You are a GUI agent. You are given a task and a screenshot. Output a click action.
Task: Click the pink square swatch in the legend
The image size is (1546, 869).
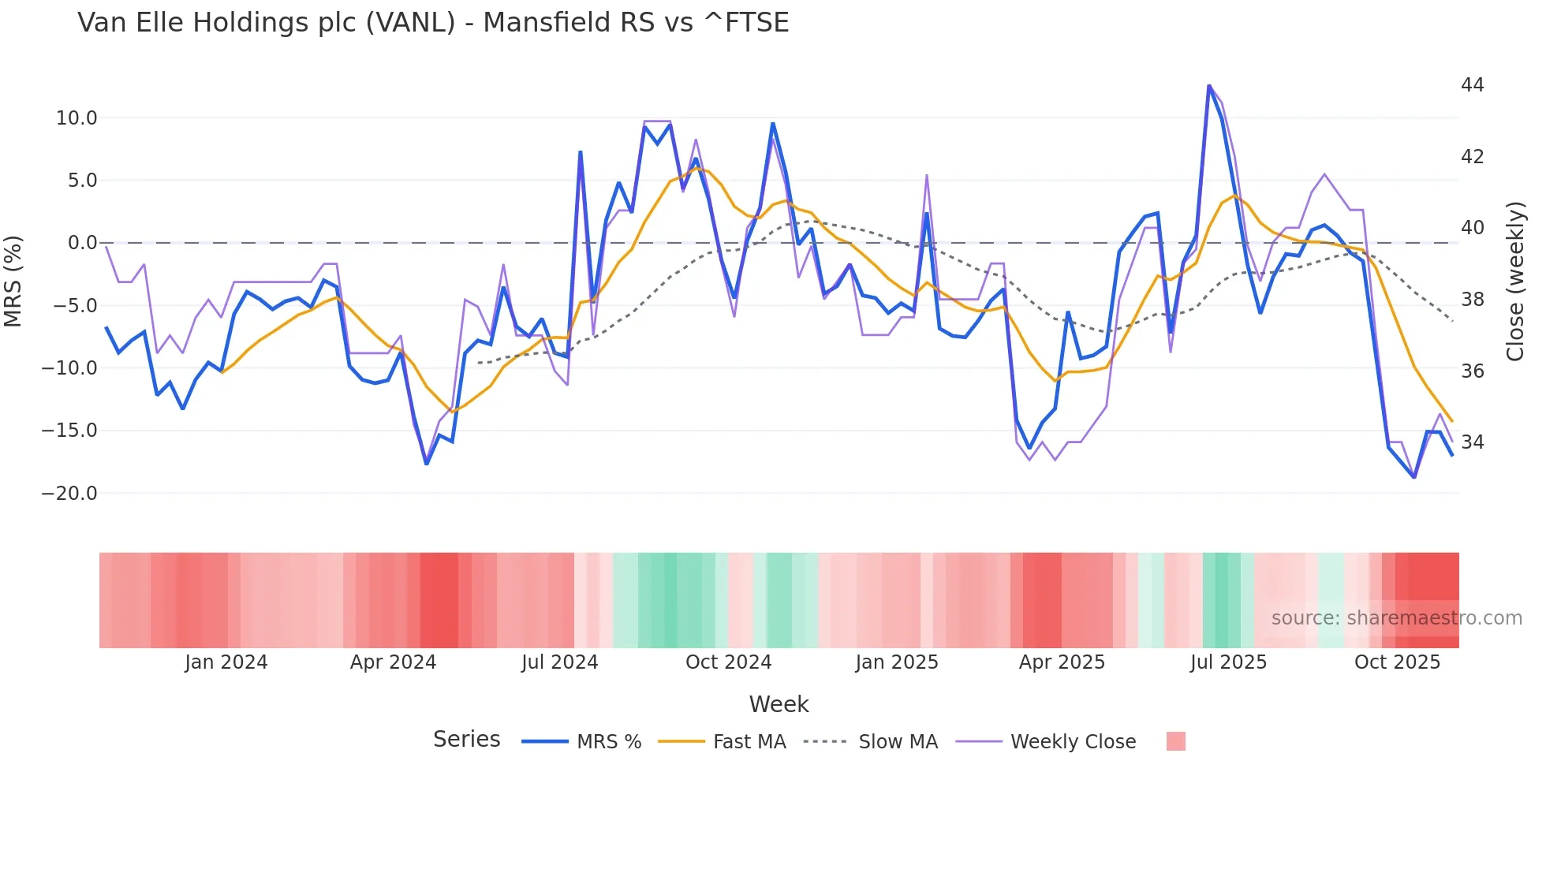pos(1175,741)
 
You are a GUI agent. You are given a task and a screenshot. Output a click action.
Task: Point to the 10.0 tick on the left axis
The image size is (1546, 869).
pos(77,118)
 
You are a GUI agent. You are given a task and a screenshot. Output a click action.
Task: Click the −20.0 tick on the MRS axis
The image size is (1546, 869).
pos(69,494)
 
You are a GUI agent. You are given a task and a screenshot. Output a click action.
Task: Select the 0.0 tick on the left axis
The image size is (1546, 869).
pos(82,243)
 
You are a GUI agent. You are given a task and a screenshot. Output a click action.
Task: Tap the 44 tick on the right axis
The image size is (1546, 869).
pos(1472,85)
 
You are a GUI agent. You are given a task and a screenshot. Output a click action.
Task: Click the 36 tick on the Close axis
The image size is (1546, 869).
pos(1472,371)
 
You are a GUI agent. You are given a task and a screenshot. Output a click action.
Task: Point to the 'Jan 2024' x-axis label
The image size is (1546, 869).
pos(226,662)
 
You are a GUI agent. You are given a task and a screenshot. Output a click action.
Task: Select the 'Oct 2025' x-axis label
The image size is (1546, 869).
pos(1397,662)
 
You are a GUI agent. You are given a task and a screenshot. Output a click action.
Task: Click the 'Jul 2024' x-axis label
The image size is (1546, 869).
pos(559,662)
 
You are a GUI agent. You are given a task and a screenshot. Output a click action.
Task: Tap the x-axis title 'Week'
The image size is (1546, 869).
pos(779,704)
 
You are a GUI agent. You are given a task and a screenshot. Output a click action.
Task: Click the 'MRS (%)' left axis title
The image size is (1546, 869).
pos(13,281)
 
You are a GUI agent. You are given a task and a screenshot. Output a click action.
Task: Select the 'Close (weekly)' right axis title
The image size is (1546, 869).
pos(1515,281)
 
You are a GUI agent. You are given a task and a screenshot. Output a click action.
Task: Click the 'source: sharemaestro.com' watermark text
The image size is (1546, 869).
pos(1396,618)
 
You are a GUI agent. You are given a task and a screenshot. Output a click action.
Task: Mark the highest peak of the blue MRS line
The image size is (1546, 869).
pos(1208,86)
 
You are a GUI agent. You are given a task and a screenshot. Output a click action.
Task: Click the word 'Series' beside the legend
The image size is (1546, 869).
pos(466,740)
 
